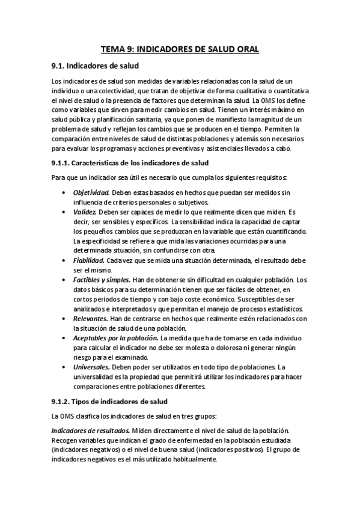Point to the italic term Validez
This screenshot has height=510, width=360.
[x=85, y=212]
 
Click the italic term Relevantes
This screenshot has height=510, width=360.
[x=91, y=318]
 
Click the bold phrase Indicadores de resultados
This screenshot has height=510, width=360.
[x=90, y=430]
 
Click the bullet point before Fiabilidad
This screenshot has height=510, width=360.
[x=64, y=260]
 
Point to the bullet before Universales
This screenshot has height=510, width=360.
[x=64, y=367]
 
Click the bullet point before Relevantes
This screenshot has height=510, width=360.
[x=64, y=318]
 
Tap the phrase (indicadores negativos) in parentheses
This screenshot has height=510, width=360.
[x=90, y=449]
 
